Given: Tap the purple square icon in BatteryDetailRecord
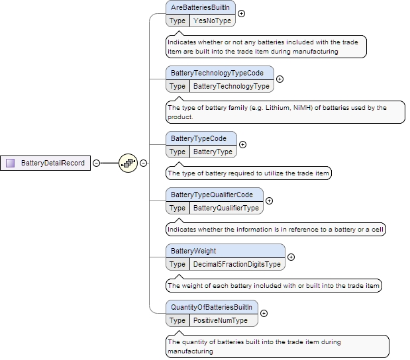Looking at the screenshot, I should tap(11, 163).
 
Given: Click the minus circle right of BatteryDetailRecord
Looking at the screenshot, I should tap(96, 163).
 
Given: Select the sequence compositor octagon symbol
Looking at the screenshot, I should tap(128, 163).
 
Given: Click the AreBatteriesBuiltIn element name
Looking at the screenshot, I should tap(201, 7).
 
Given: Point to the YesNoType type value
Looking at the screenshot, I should tap(212, 21).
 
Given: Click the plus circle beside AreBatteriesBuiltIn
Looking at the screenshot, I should tap(241, 13).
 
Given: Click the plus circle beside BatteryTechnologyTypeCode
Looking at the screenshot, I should tap(280, 79).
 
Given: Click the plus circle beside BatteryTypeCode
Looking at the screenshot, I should tap(242, 144).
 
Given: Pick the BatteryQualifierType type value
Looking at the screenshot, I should tap(226, 208).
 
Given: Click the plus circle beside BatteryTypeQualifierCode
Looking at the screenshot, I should tap(269, 201).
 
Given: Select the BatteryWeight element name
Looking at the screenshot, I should tap(193, 251).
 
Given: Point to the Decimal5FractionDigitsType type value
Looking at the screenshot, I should tap(236, 264).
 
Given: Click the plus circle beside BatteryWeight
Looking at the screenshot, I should tap(291, 257).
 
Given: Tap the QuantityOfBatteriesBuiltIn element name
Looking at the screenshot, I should tap(211, 307).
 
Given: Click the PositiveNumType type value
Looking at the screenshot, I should tap(220, 320).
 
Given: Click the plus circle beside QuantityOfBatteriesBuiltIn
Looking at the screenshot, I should tap(264, 314).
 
